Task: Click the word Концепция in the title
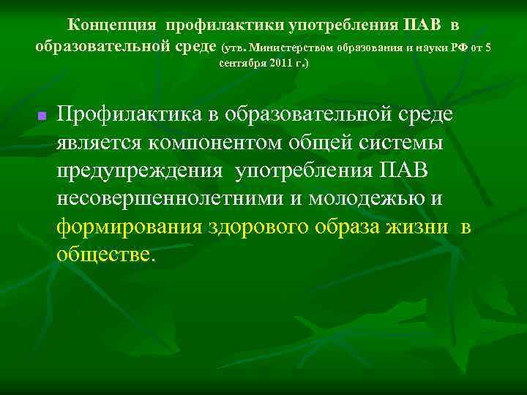click(x=112, y=26)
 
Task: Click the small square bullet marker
click(x=42, y=116)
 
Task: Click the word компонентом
click(x=214, y=142)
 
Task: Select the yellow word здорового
click(x=259, y=226)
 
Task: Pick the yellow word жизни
click(x=417, y=226)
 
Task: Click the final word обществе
click(x=104, y=254)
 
